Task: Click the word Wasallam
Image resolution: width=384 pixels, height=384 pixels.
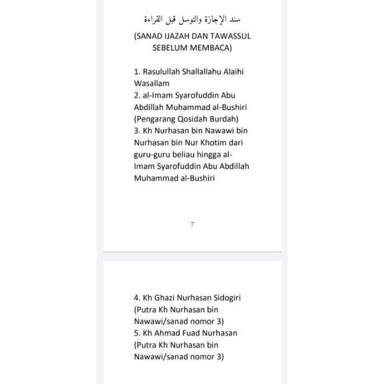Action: (x=152, y=83)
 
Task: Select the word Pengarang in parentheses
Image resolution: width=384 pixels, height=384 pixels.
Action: (x=156, y=118)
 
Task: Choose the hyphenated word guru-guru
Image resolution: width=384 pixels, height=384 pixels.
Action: (x=153, y=154)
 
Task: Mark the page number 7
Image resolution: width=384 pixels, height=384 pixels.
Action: (x=192, y=224)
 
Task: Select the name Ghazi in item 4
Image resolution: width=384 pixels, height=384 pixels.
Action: (x=165, y=298)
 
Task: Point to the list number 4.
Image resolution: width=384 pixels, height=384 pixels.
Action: (x=137, y=298)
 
